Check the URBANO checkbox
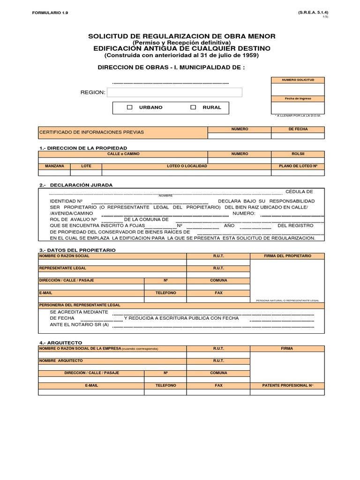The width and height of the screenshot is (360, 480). [130, 107]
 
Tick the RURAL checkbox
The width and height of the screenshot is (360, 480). [193, 107]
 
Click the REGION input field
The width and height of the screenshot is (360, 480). [174, 92]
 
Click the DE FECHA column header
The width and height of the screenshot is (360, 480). [298, 129]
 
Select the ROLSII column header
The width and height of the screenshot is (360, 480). [298, 154]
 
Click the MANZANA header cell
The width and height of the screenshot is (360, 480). [54, 166]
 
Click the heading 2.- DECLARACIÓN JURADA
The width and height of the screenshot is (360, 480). [76, 185]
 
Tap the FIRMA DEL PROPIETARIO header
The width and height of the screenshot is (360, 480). [287, 256]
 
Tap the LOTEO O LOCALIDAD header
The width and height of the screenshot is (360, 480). [186, 166]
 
